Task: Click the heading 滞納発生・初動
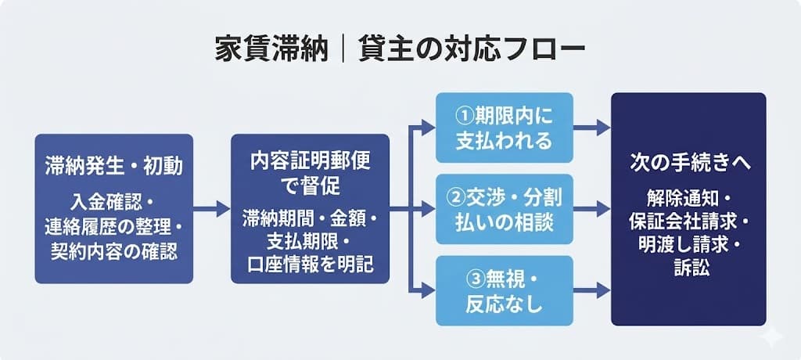[113, 167]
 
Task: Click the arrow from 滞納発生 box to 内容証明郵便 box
[211, 209]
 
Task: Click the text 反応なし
[505, 304]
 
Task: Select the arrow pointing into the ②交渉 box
[423, 209]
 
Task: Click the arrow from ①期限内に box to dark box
[592, 128]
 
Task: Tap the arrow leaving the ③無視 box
[592, 290]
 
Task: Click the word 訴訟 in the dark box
[688, 267]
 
